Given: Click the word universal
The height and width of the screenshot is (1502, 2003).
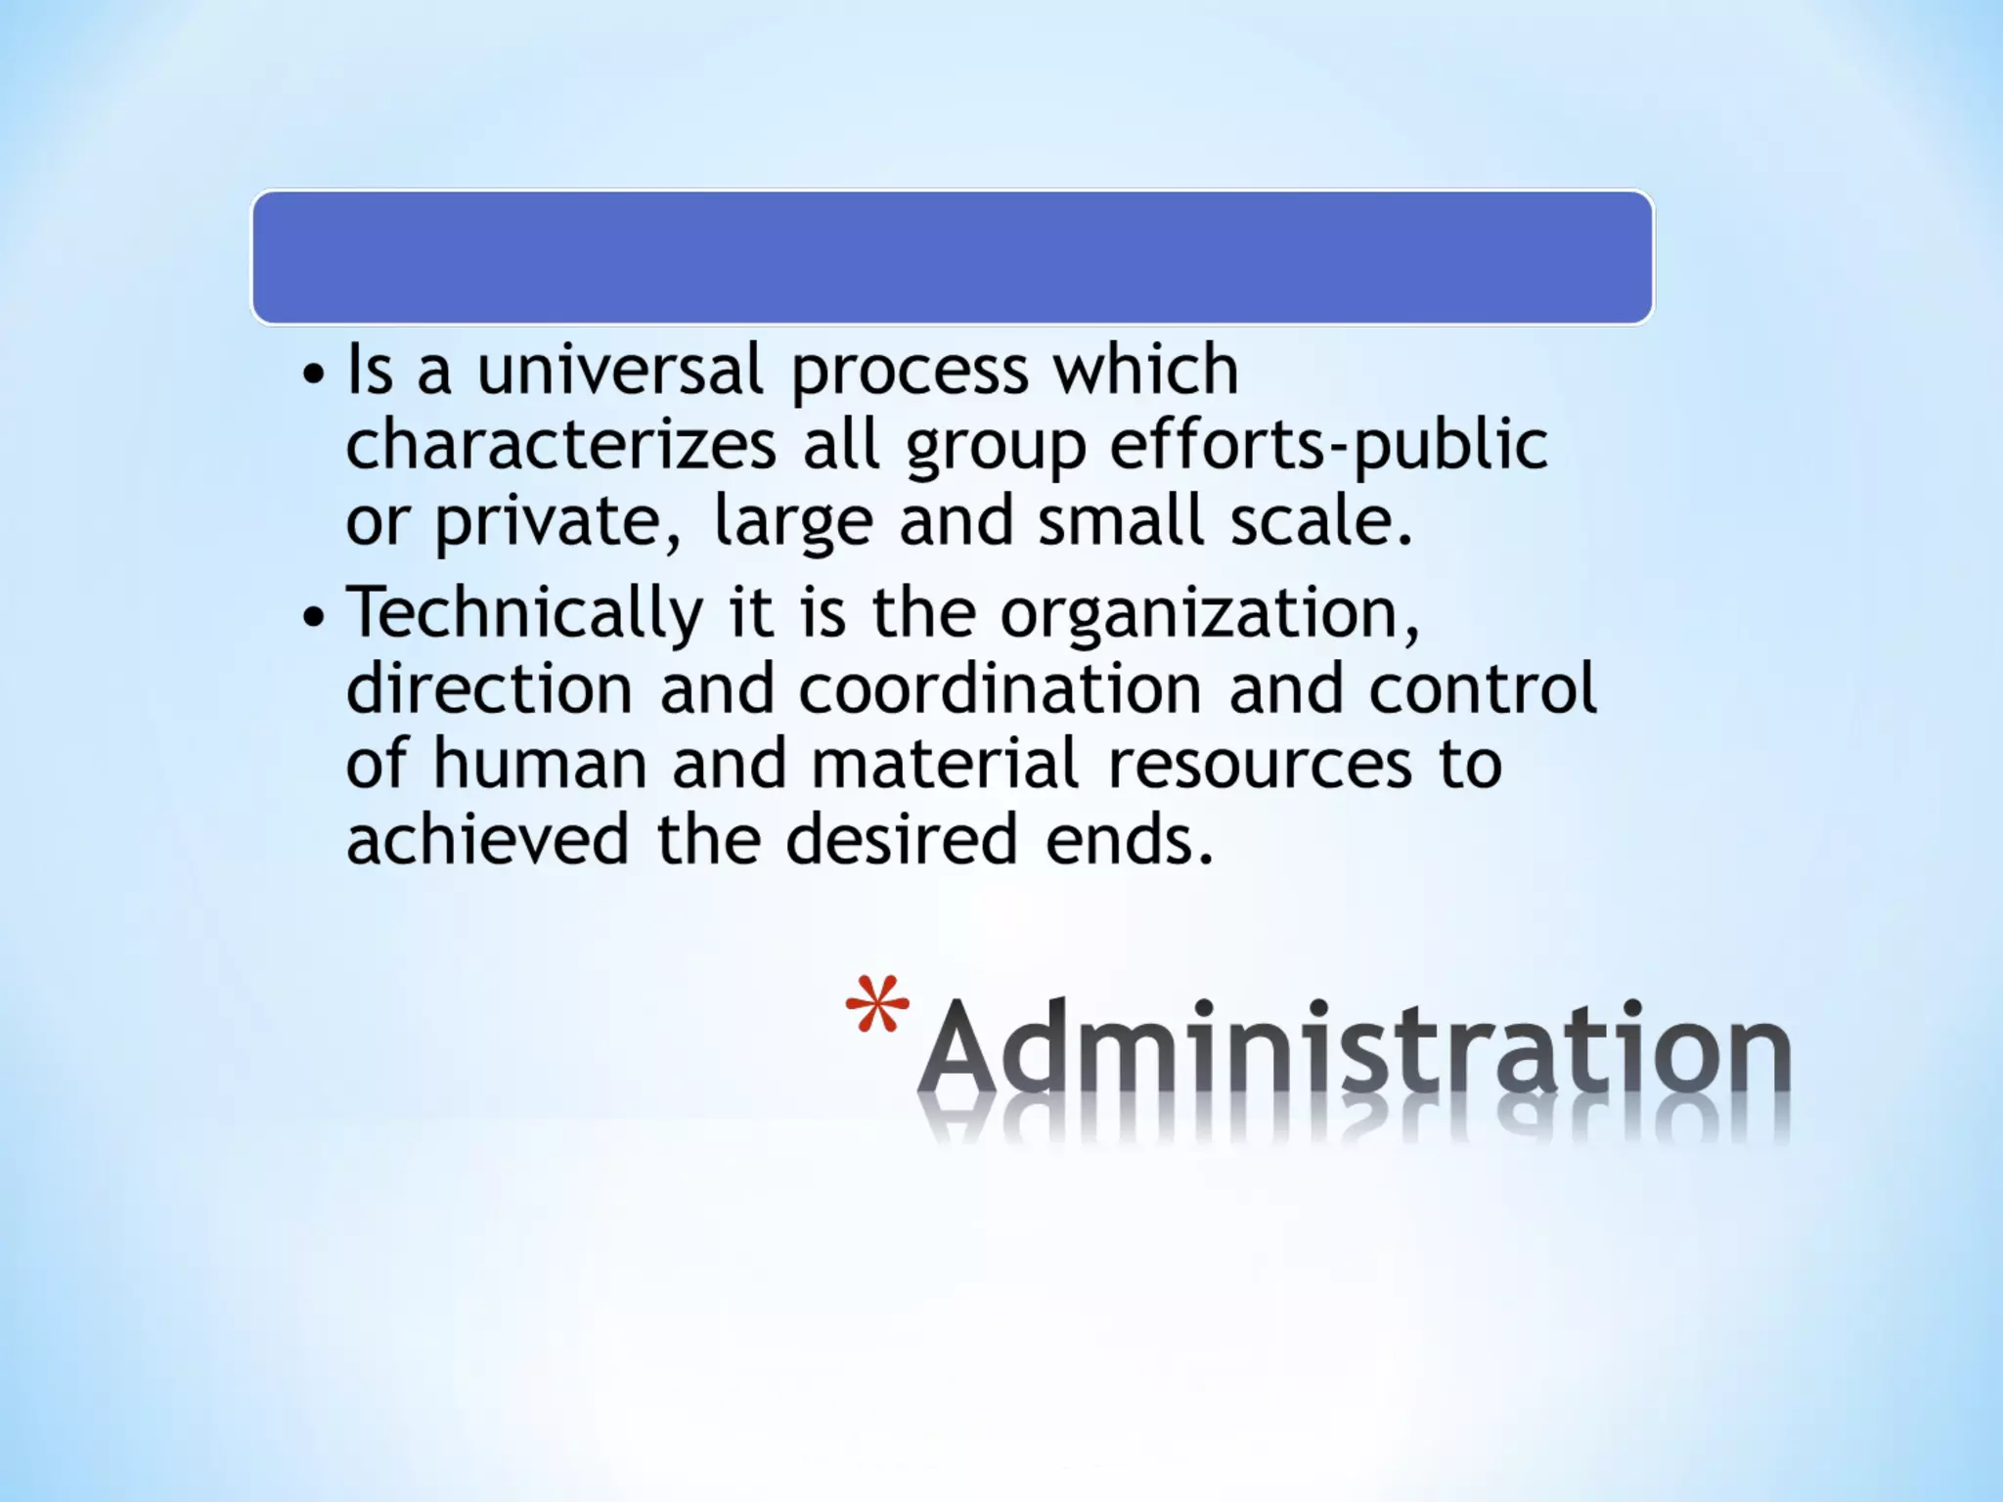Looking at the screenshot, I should point(619,371).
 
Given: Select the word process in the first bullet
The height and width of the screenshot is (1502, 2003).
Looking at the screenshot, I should point(910,373).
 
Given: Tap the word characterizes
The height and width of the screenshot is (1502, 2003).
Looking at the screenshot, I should point(561,446).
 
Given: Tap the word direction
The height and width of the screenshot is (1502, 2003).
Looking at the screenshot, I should point(490,687).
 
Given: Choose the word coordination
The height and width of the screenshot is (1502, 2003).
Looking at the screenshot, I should point(1000,687).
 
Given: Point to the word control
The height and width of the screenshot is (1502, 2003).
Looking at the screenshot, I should point(1482,687).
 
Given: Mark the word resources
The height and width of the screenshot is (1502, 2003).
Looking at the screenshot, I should point(1260,765).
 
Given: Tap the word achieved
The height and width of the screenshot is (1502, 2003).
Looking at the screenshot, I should point(487,839).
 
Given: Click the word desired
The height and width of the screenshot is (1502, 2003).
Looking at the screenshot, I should point(902,839).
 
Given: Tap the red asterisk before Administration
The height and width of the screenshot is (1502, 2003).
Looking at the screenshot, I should point(877,1005).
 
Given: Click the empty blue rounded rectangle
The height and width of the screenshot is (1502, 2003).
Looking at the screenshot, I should point(952,257).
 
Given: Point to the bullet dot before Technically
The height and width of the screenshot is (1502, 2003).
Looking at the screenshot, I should point(313,617).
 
